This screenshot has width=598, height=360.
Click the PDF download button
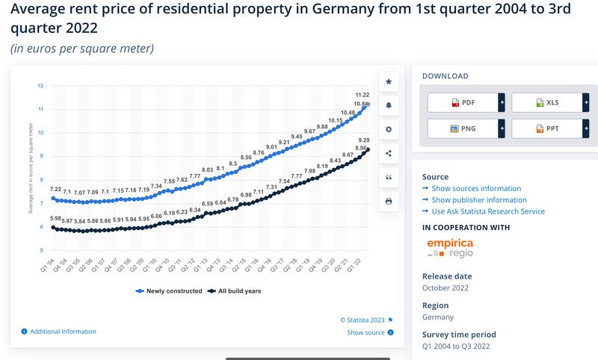point(463,102)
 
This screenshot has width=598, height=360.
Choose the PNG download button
point(463,128)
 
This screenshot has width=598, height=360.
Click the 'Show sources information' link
point(476,188)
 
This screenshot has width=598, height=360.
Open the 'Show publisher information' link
point(479,200)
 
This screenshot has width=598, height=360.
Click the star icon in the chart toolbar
point(389,81)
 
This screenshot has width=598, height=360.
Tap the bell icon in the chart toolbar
point(389,105)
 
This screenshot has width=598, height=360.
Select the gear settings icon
point(389,129)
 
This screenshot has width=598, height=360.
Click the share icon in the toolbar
point(389,153)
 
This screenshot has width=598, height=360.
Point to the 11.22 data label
point(362,95)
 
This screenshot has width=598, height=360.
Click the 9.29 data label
point(363,140)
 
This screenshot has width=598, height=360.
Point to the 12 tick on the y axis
point(40,86)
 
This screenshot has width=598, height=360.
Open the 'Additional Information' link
point(63,332)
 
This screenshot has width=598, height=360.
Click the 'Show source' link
point(366,332)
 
